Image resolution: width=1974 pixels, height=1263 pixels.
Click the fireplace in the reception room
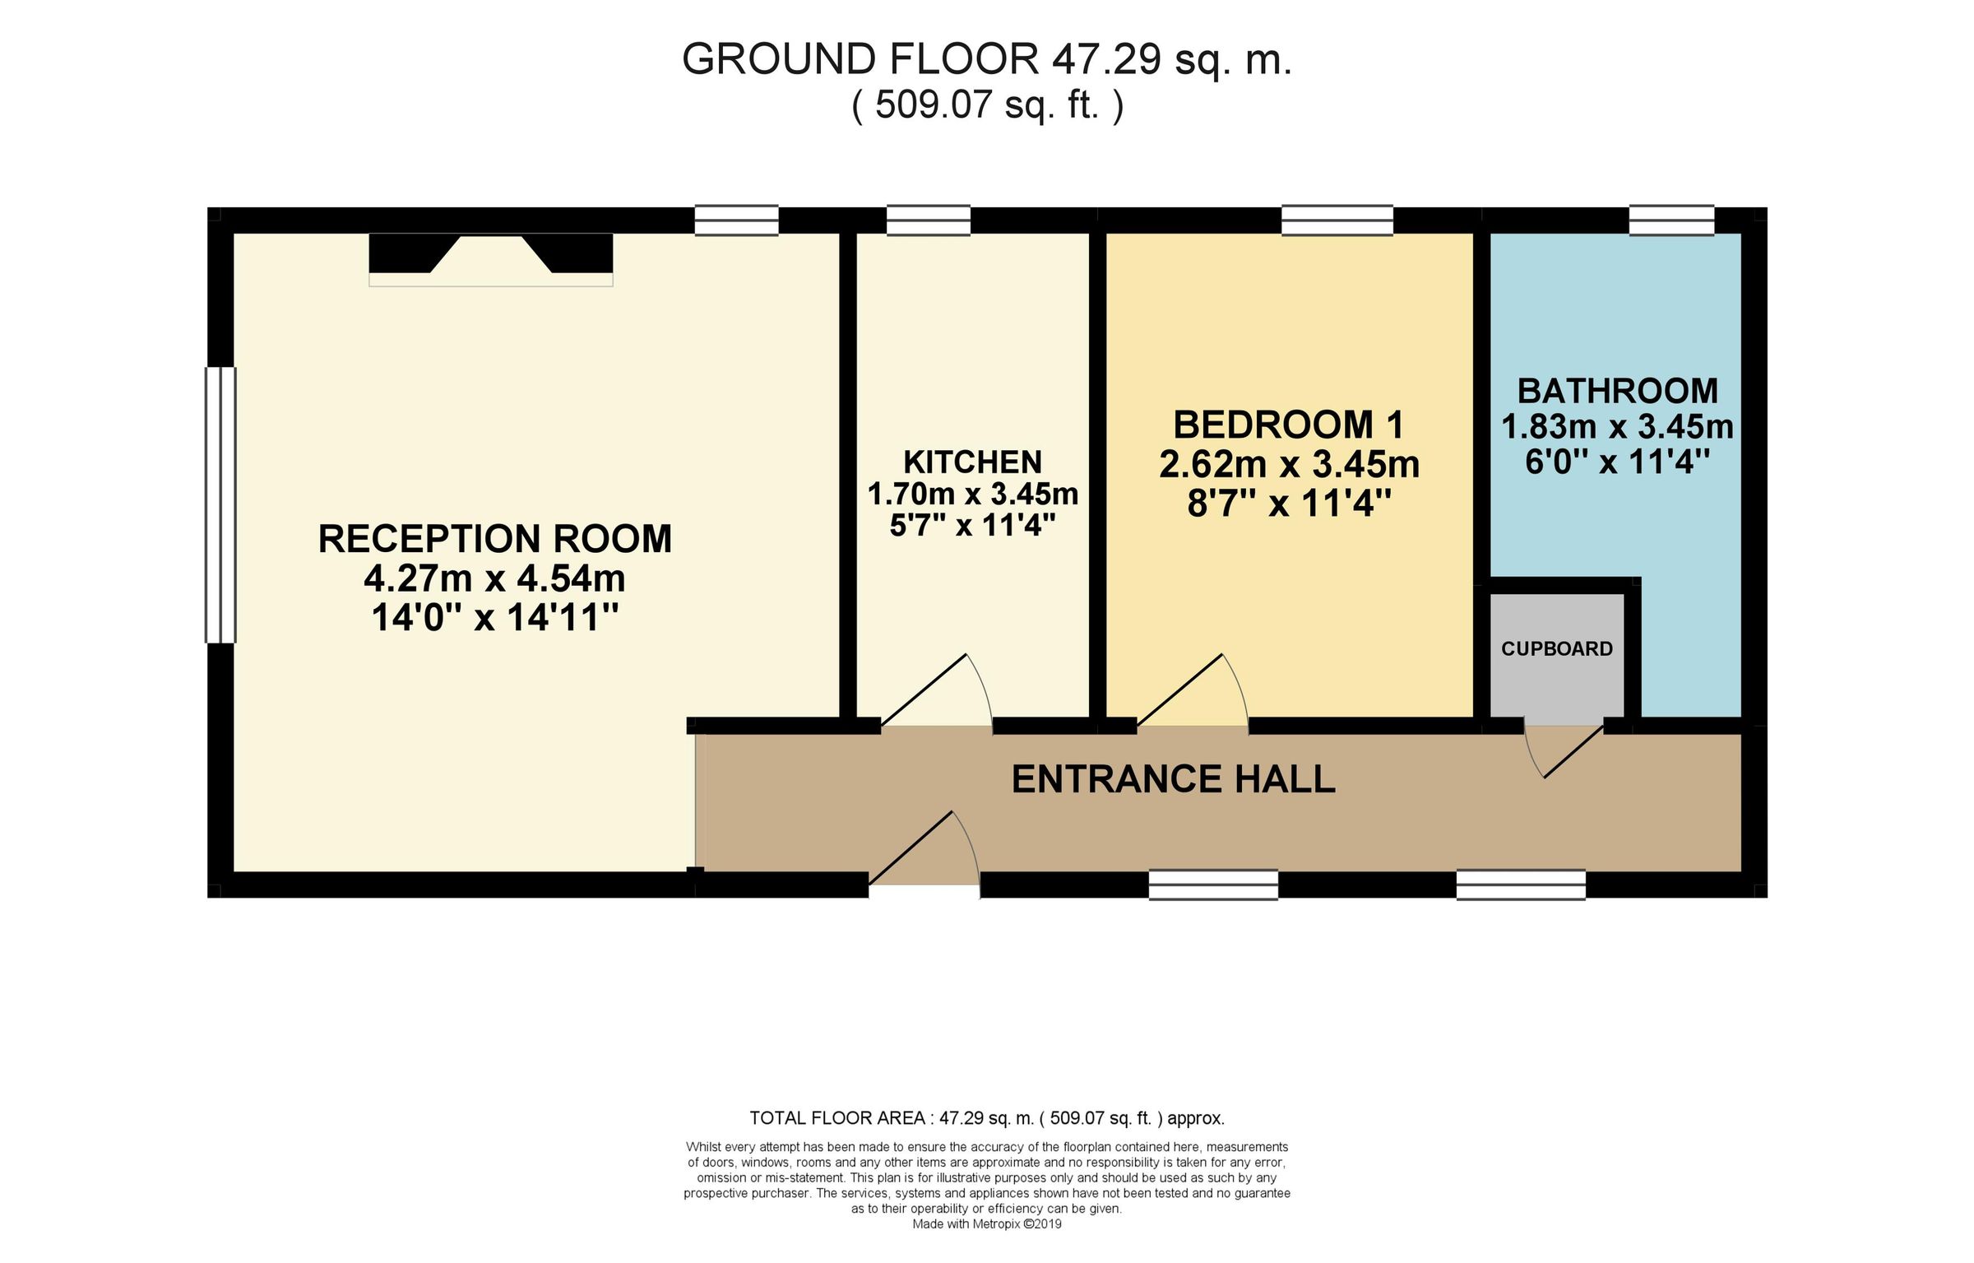point(491,259)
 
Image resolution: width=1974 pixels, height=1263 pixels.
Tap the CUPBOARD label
point(1557,649)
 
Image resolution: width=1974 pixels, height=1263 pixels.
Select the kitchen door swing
point(937,690)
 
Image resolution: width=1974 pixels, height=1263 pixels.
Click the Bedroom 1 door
point(1193,690)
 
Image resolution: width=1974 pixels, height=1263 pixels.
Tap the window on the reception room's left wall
point(220,504)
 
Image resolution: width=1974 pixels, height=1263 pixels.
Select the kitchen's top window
point(929,221)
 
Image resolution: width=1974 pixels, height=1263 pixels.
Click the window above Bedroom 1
point(1337,221)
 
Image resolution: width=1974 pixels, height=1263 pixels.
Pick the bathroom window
point(1672,221)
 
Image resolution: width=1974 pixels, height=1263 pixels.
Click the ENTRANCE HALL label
point(1173,779)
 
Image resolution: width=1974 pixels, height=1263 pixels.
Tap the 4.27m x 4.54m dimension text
point(494,578)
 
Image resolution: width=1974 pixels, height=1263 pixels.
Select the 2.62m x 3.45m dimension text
point(1290,465)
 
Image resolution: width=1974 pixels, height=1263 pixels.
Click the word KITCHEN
point(973,462)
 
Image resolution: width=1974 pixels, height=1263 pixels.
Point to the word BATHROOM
point(1618,391)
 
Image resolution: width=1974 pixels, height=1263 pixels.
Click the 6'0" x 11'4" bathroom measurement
point(1618,462)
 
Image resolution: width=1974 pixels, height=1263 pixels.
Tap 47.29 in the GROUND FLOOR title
point(1106,59)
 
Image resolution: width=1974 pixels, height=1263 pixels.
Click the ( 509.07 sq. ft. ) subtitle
point(987,105)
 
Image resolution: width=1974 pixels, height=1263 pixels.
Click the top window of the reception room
point(736,221)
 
